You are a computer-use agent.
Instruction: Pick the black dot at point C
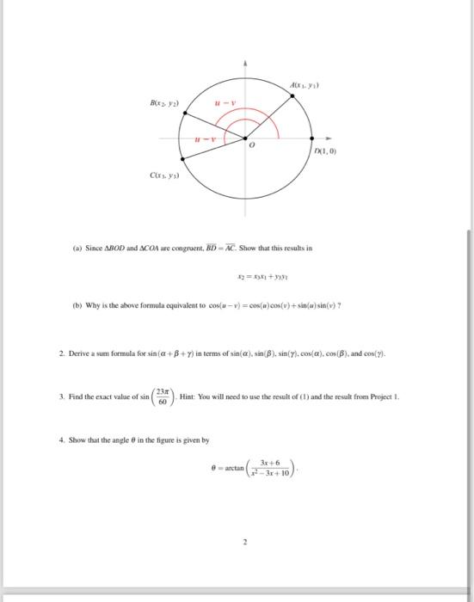[x=182, y=157]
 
